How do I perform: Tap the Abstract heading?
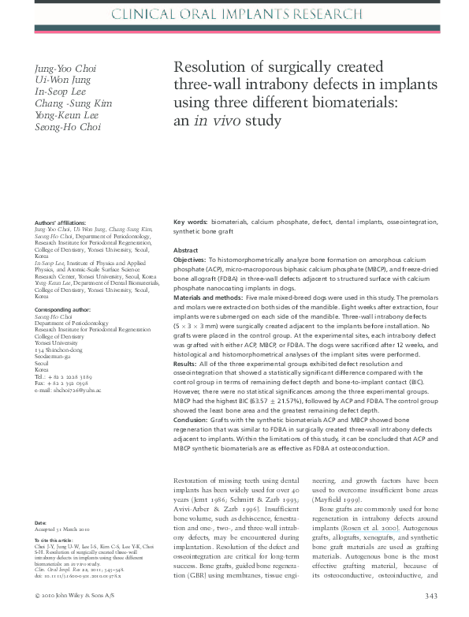pyautogui.click(x=186, y=250)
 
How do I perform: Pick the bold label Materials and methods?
pyautogui.click(x=207, y=297)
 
